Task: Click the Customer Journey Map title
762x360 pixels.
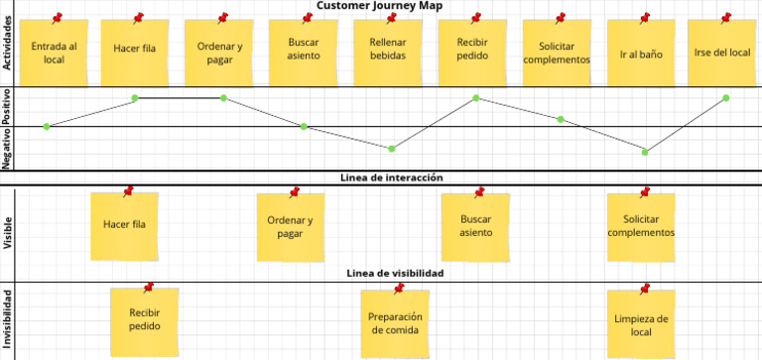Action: (x=380, y=6)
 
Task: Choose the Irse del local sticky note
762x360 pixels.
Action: (x=723, y=53)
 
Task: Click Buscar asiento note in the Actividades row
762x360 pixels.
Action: (x=303, y=53)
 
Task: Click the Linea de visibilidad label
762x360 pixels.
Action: (x=394, y=273)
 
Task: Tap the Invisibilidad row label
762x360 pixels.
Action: (x=8, y=319)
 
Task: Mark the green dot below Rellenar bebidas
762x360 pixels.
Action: (x=392, y=149)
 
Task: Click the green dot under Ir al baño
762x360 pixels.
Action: (x=645, y=152)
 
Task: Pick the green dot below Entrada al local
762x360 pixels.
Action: (x=47, y=126)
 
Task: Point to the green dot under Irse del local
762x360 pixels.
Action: (x=726, y=98)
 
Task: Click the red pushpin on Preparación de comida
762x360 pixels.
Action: (x=399, y=289)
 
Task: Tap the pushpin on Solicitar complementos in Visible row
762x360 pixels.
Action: (x=646, y=192)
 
